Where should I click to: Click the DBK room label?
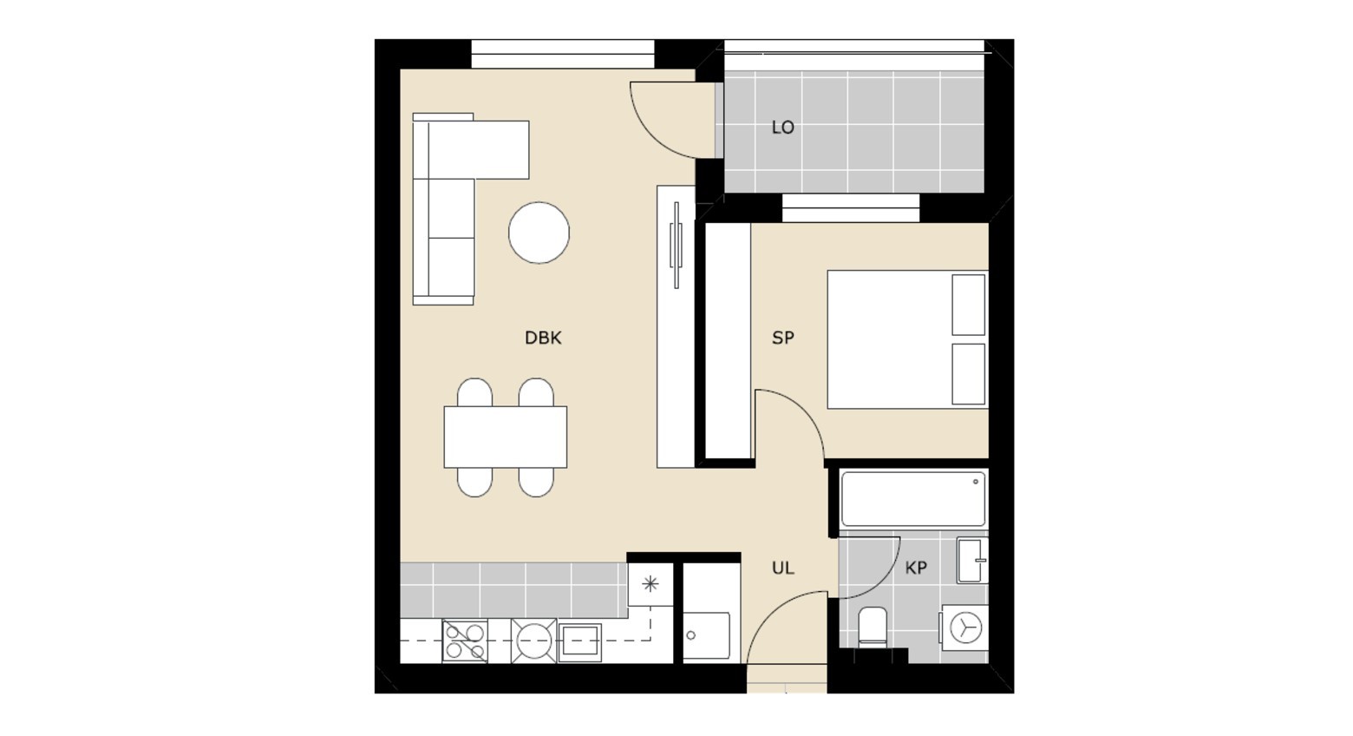click(543, 338)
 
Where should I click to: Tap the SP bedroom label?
click(783, 338)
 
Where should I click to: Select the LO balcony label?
click(783, 128)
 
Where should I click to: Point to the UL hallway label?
click(783, 568)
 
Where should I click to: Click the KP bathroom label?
click(916, 568)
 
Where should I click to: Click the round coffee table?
click(539, 233)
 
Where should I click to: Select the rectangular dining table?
click(506, 437)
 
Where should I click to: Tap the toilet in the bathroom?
click(873, 628)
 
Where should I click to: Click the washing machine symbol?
click(964, 628)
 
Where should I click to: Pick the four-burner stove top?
click(465, 641)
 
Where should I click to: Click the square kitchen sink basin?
click(580, 641)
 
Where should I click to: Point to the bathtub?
click(913, 499)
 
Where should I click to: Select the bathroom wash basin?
click(972, 561)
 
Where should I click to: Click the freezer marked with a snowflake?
click(650, 584)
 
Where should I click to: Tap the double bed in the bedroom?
click(908, 339)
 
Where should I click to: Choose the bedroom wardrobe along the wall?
click(728, 341)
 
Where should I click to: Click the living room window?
click(562, 54)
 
